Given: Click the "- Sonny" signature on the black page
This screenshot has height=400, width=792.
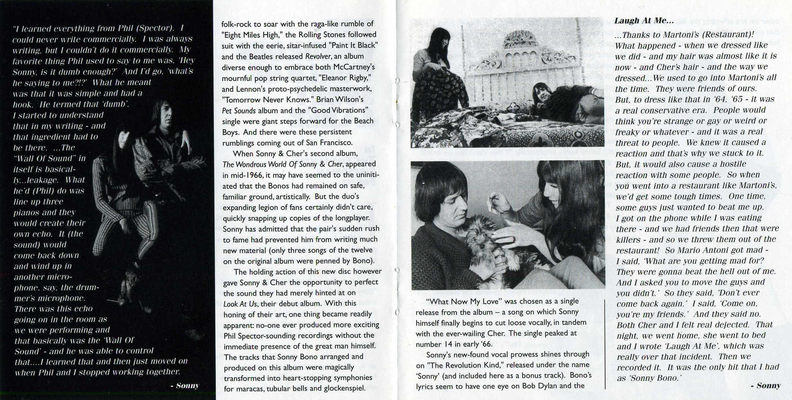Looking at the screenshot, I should click(185, 386).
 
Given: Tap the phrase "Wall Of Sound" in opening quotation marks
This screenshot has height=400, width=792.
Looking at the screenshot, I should click(46, 159).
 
